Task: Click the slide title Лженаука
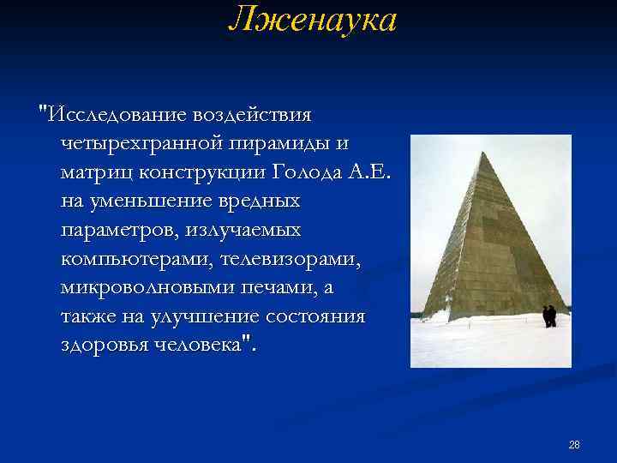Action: point(312,19)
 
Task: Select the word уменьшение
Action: point(154,201)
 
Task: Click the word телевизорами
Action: point(291,259)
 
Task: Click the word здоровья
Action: point(104,346)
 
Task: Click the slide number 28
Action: point(574,444)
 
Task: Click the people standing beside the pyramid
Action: point(549,316)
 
